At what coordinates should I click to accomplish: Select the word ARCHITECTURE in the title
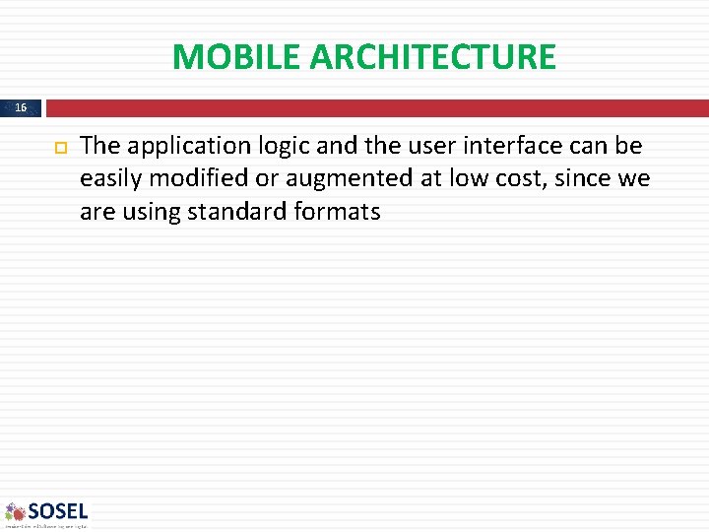point(432,57)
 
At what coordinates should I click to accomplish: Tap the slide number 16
point(22,107)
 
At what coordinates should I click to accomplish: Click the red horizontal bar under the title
point(374,107)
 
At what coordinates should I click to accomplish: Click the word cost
point(510,178)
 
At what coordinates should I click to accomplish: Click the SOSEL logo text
point(58,511)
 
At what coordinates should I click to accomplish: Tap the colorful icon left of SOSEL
point(15,511)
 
